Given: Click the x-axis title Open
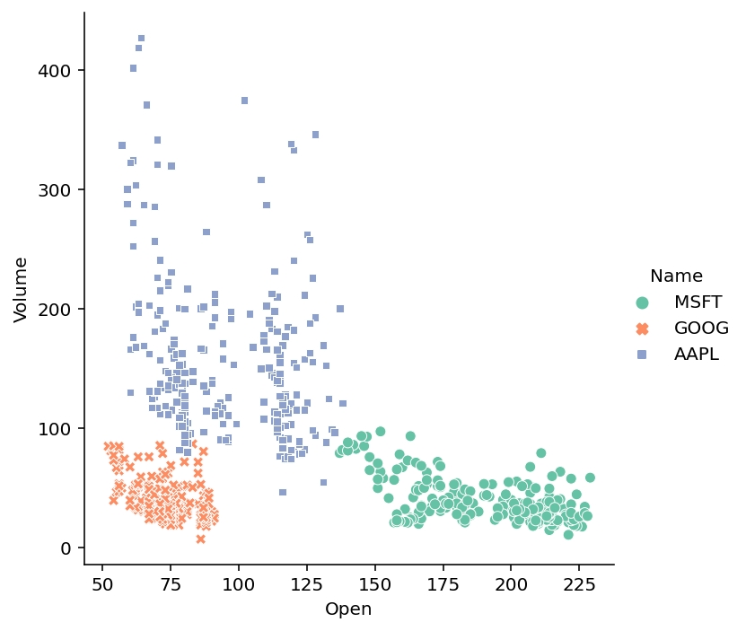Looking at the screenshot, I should tap(348, 609).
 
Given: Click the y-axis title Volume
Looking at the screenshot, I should tap(22, 289).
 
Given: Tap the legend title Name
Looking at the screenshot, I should tap(676, 276).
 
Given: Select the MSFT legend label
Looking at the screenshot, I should tap(698, 302).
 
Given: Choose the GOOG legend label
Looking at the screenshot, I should tap(701, 329).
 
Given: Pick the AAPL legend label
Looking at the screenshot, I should tap(697, 355).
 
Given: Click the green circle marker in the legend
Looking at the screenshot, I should tap(641, 302).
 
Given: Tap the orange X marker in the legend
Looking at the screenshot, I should tap(641, 329).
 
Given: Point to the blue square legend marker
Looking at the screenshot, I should tap(641, 355).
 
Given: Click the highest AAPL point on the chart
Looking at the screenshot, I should tap(141, 39).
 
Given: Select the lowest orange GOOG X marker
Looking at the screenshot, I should tap(200, 539).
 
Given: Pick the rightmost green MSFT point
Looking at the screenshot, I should tap(590, 478).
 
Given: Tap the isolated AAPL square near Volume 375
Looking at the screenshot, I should tap(244, 101).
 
